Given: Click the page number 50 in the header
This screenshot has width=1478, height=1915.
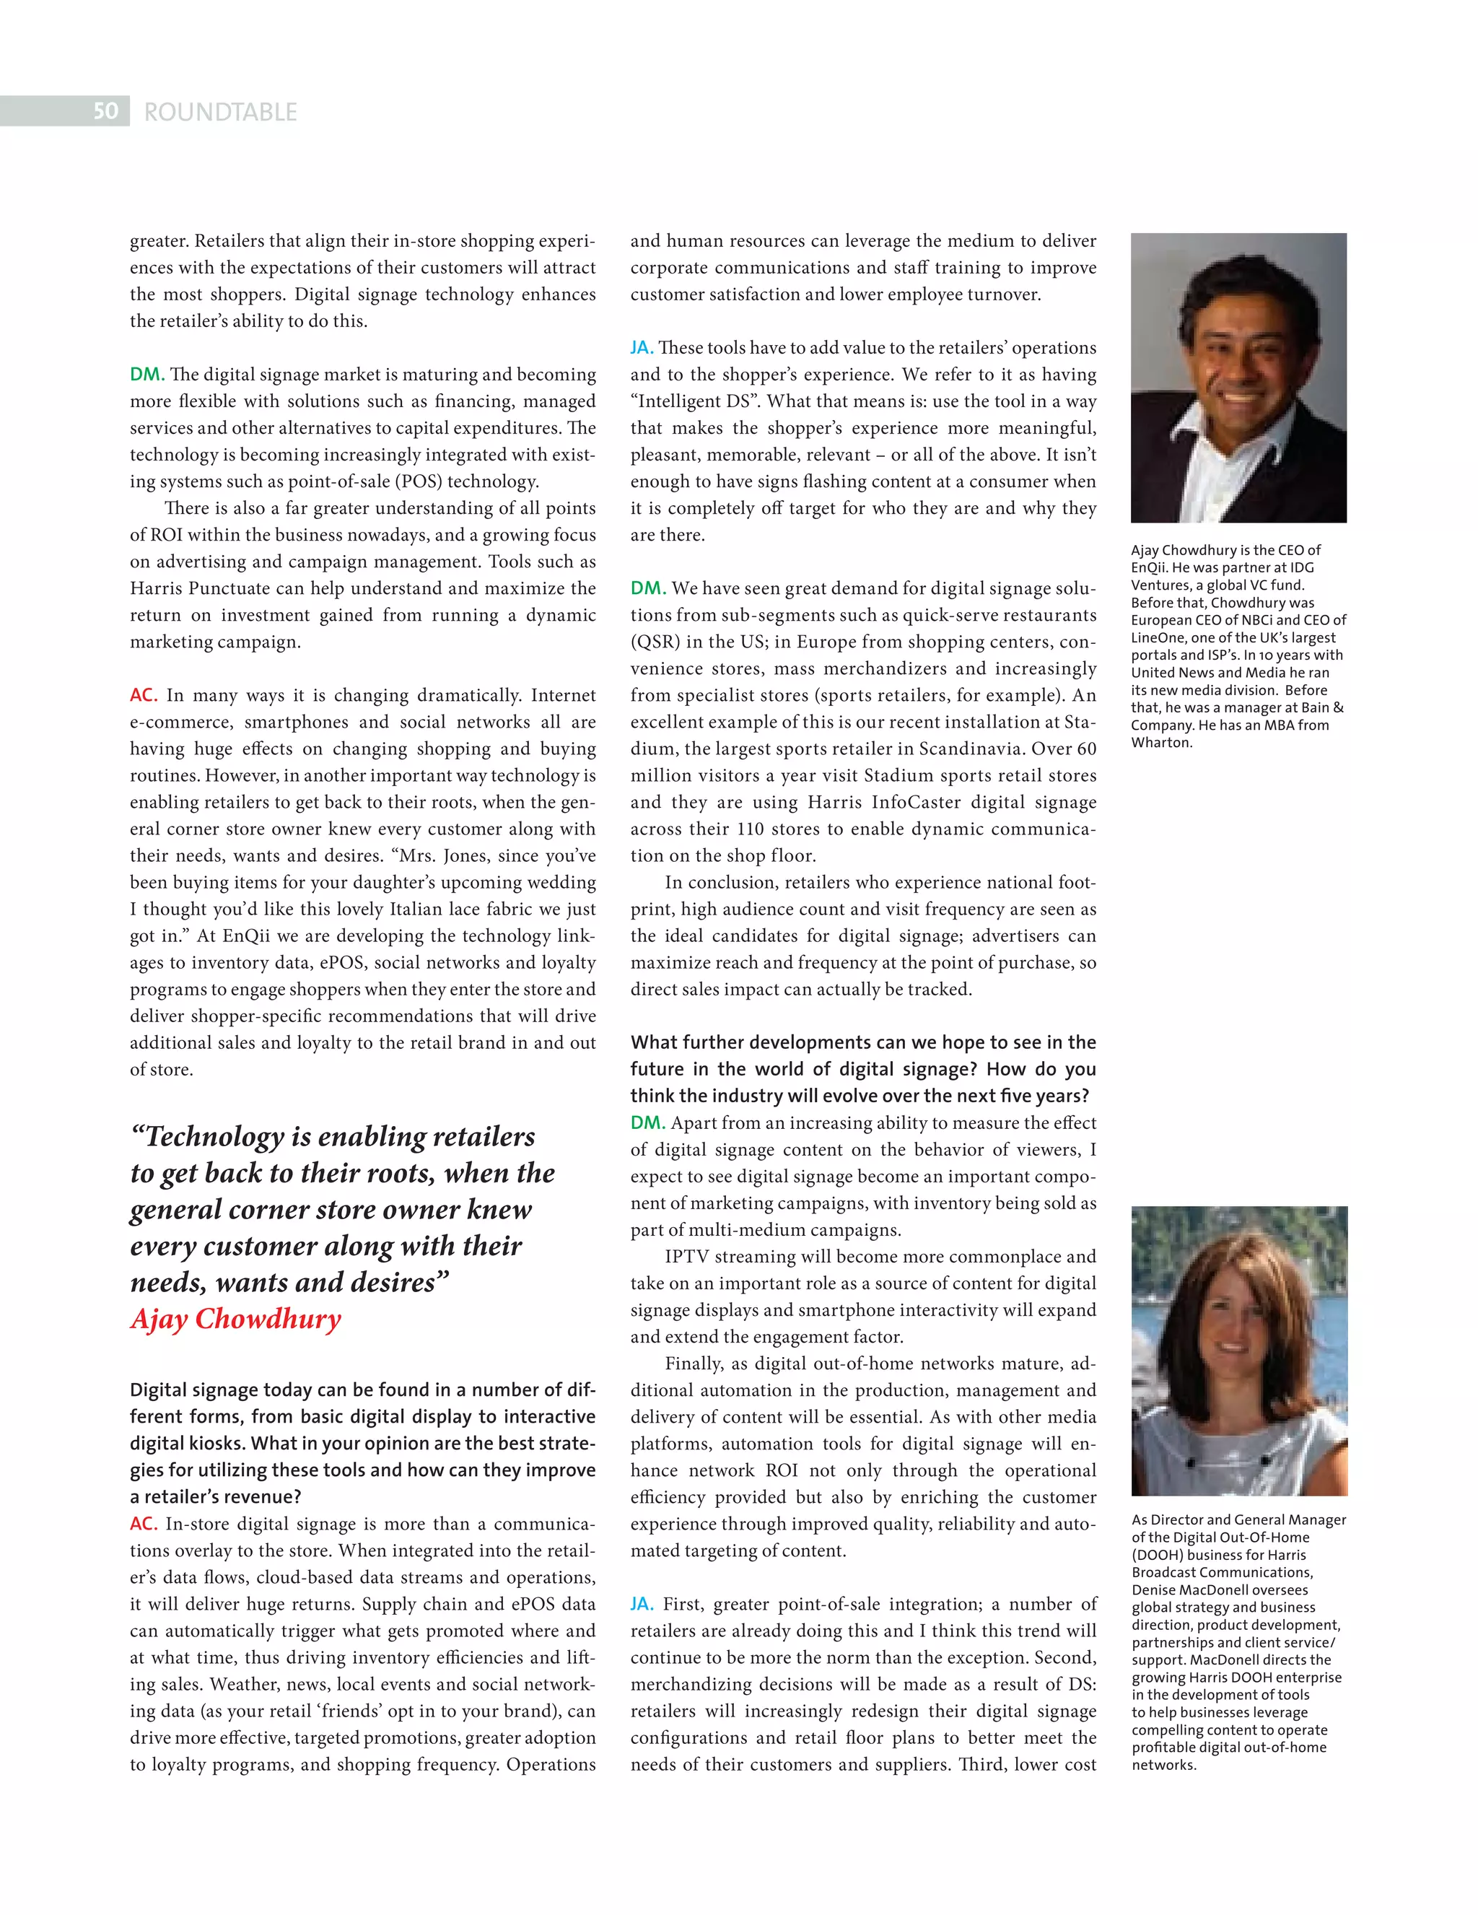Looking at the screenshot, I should point(105,111).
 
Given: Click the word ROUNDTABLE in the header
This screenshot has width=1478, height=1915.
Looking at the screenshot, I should point(220,112).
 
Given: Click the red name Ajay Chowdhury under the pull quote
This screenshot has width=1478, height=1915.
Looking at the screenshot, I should point(235,1319).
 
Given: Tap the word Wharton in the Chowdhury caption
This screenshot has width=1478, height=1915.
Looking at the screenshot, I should point(1160,743).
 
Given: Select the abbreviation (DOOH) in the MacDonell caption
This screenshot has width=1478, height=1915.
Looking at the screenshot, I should point(1164,1555).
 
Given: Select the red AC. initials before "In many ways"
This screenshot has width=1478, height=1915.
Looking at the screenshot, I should point(144,695).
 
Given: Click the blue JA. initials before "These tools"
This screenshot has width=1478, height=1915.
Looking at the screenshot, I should point(642,348).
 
